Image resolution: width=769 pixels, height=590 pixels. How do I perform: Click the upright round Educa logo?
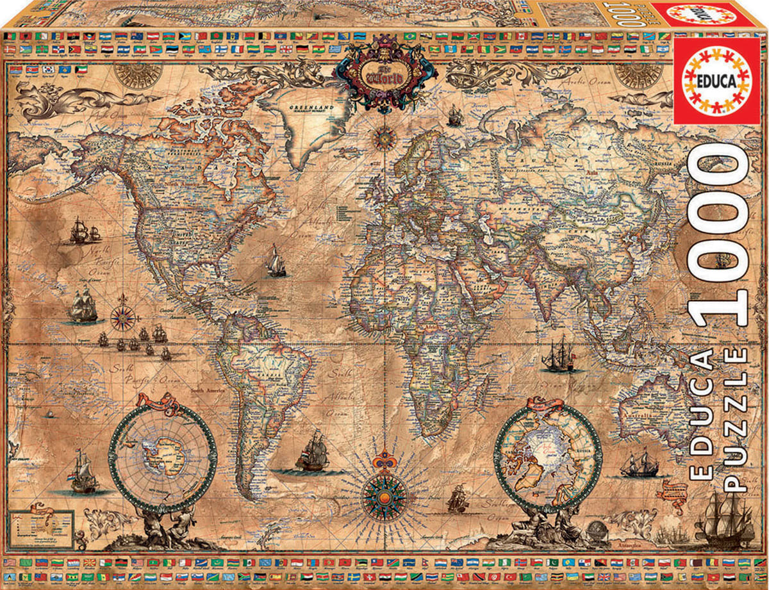718,81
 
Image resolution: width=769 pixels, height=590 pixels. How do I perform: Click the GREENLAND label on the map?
307,108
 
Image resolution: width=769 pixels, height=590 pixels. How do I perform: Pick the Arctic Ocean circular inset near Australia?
548,458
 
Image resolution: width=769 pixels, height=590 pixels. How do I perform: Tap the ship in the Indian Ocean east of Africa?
558,356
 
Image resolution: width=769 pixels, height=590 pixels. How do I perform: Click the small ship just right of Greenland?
454,115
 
